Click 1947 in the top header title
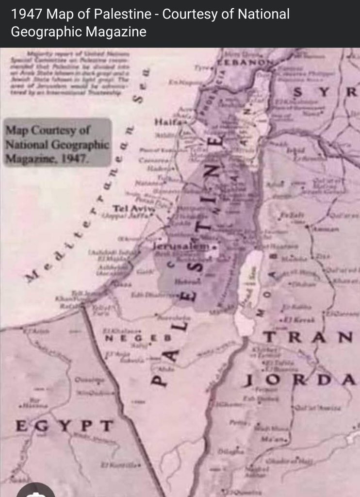point(25,15)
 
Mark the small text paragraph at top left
point(70,73)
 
